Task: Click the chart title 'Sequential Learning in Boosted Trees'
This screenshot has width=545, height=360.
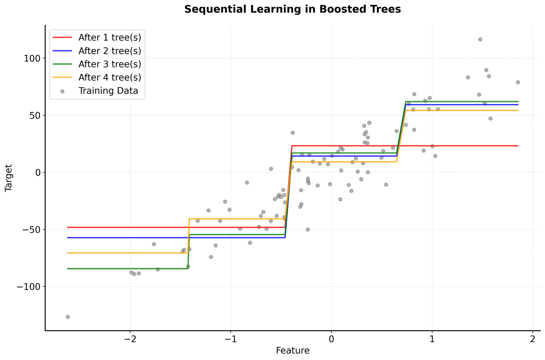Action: tap(292, 9)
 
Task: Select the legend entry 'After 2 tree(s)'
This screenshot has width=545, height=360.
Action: tap(110, 51)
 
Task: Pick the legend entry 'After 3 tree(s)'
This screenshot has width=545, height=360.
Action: tap(110, 64)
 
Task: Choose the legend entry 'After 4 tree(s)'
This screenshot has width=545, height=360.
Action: tap(110, 78)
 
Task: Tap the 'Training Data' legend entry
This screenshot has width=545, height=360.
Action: tap(108, 91)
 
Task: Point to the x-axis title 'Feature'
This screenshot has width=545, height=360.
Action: tap(292, 351)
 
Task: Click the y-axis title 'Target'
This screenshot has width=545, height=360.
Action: tap(9, 178)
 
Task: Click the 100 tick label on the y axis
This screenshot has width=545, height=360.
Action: tap(32, 58)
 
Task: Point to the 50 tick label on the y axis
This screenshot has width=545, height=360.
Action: tap(35, 115)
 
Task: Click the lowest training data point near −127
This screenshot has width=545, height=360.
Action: tap(68, 317)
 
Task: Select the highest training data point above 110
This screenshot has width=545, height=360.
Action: tap(480, 39)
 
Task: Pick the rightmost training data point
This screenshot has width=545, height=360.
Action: tap(518, 82)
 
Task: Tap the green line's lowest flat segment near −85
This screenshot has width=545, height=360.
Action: tap(128, 269)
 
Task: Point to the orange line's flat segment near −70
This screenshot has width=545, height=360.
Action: tap(128, 253)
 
